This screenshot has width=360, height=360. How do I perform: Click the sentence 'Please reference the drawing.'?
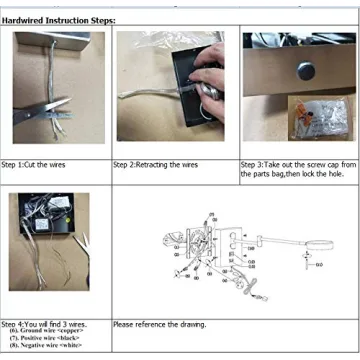(x=160, y=325)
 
